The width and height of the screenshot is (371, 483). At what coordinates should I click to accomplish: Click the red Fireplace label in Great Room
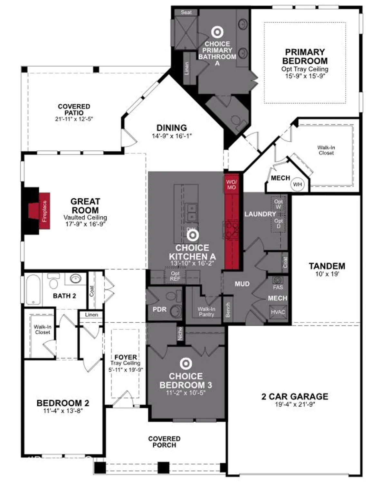point(45,211)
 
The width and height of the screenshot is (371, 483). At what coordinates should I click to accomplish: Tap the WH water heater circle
point(297,185)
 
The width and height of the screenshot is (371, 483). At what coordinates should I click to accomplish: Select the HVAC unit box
point(278,312)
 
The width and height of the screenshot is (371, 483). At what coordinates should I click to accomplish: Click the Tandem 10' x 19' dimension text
point(327,274)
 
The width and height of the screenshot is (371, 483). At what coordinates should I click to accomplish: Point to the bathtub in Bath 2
point(33,289)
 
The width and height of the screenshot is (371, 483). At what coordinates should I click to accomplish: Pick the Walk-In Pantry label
point(206,311)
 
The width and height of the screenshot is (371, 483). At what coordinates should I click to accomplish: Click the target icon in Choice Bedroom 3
point(186,364)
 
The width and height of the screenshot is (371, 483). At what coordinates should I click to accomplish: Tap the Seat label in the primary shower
point(186,12)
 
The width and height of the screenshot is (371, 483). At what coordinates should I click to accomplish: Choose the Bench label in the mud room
point(228,310)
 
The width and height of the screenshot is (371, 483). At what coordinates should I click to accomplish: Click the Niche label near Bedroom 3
point(180,333)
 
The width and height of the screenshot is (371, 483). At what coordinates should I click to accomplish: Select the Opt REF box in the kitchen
point(175,276)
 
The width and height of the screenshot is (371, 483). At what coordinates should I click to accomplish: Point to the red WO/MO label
point(231,185)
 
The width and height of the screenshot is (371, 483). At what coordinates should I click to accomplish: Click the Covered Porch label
point(164,442)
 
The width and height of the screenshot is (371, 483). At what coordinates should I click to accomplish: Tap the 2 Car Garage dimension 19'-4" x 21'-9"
point(295,404)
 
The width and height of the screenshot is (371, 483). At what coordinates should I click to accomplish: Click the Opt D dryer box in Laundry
point(279,223)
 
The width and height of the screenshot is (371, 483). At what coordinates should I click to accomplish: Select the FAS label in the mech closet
point(278,287)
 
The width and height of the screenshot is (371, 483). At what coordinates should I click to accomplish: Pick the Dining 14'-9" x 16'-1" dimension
point(172,136)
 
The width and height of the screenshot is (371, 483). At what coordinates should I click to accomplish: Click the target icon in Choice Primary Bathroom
point(217,32)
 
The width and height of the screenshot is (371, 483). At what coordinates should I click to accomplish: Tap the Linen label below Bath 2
point(91,315)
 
